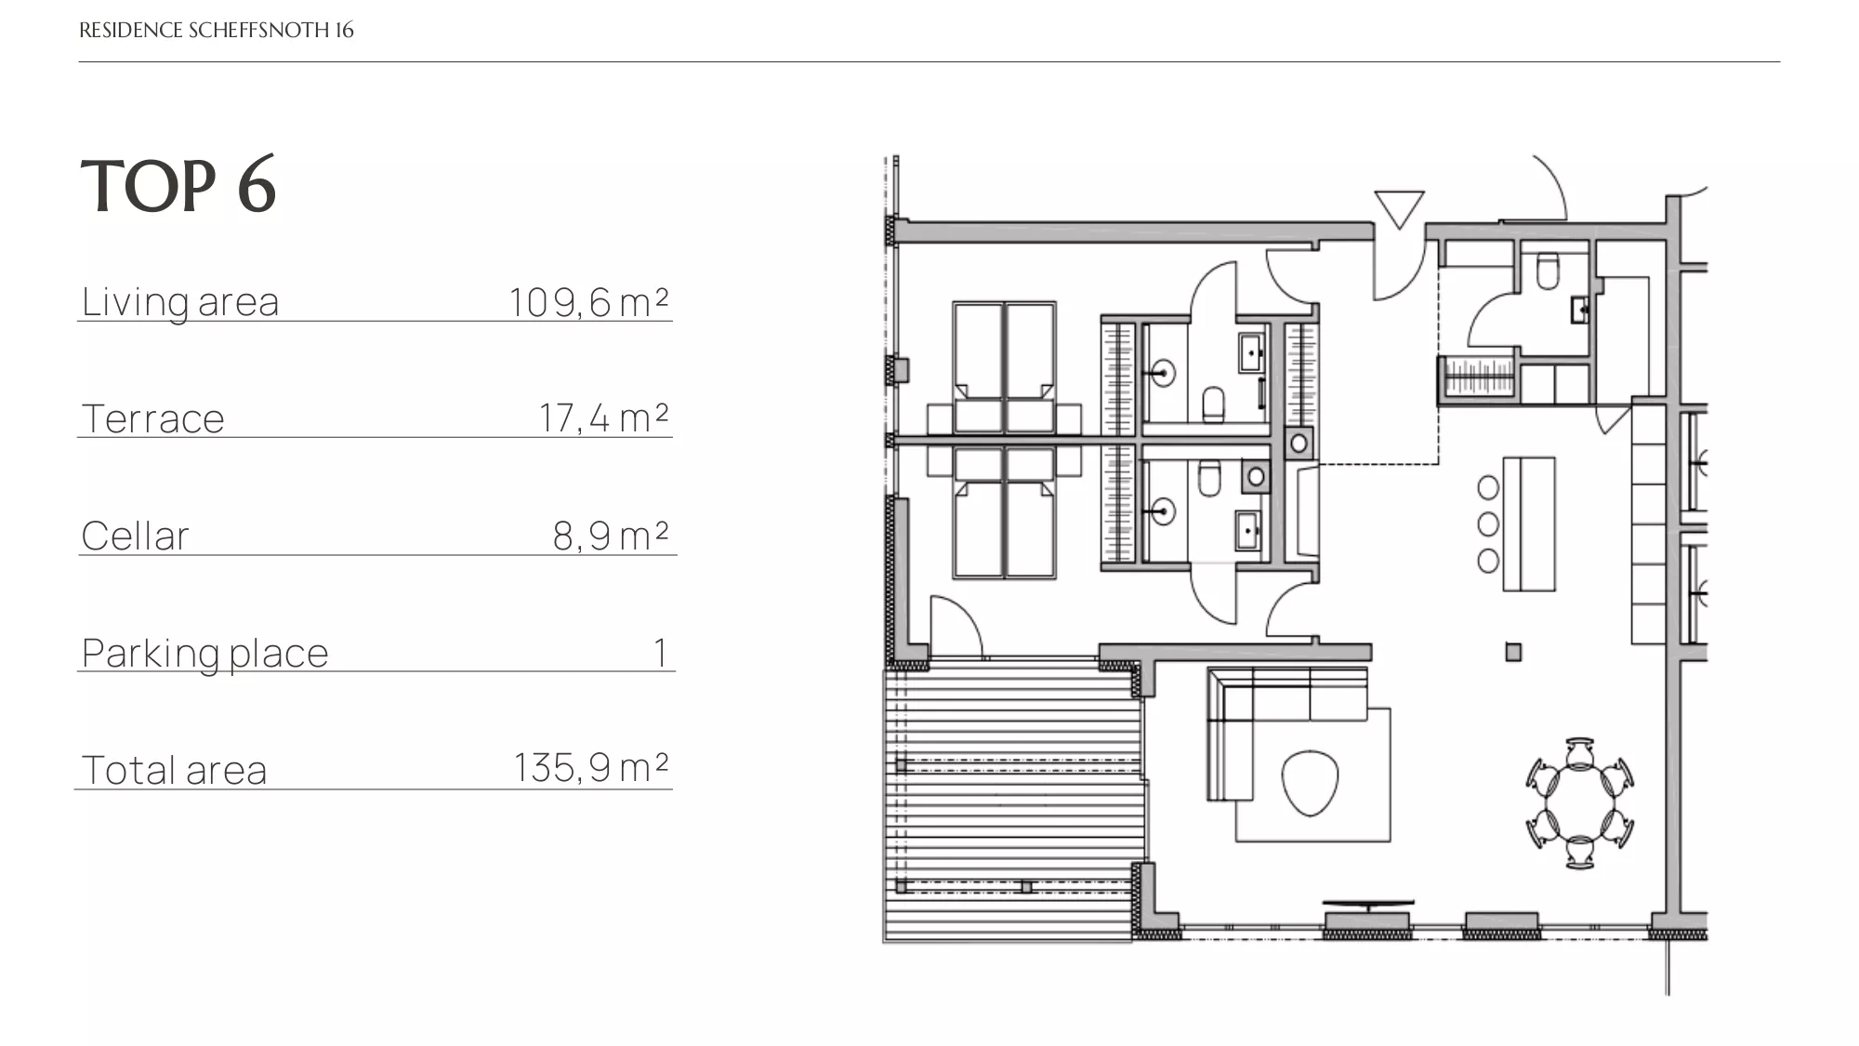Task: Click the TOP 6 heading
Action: [x=178, y=185]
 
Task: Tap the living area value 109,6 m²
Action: [x=588, y=302]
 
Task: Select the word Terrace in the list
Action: [x=153, y=418]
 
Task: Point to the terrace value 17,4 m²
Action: [x=604, y=418]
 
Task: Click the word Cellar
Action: [x=136, y=536]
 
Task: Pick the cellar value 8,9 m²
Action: [x=611, y=536]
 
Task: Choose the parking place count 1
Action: [x=660, y=653]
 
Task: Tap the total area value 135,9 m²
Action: [x=591, y=769]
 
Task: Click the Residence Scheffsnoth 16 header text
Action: [x=217, y=30]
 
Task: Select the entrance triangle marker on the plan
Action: [x=1399, y=208]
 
